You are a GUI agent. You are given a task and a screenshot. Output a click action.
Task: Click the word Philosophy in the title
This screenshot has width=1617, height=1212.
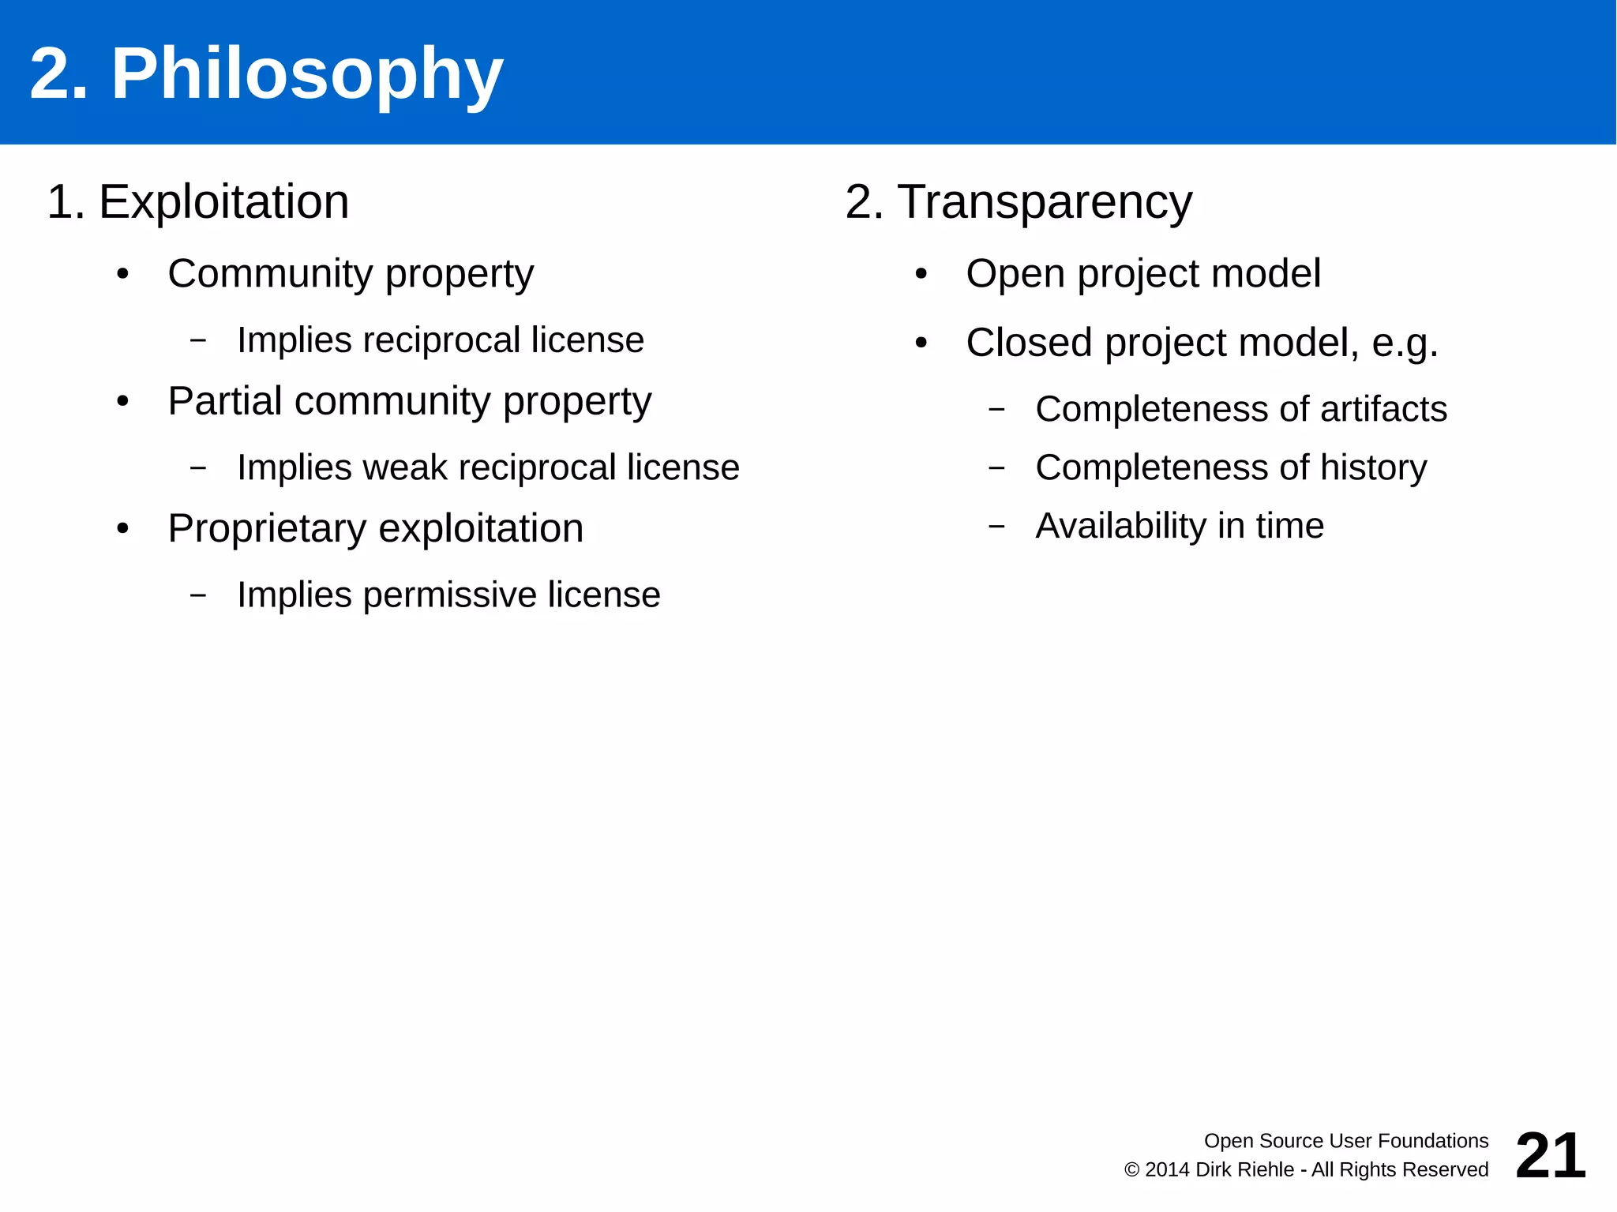(306, 75)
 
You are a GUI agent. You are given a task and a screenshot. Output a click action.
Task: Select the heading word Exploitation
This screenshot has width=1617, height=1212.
(223, 202)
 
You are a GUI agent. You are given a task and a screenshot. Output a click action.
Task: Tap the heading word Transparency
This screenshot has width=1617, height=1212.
(1045, 202)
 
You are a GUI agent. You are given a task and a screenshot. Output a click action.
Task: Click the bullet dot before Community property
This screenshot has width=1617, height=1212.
(122, 275)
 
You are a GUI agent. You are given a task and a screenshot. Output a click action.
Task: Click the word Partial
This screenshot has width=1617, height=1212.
(225, 401)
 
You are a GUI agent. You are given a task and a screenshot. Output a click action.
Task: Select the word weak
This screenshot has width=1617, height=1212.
(411, 467)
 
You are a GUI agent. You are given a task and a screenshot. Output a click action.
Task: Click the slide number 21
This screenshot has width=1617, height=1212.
(1550, 1155)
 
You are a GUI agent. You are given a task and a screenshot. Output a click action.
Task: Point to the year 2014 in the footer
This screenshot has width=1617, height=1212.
(1168, 1169)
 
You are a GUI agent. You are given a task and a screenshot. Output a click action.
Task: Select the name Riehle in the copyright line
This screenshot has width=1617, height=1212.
(1264, 1169)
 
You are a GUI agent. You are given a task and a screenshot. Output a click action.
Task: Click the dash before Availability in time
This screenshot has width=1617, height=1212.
(996, 526)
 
